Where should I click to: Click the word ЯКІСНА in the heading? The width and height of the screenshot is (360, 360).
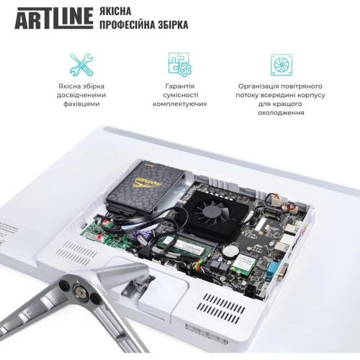click(122, 11)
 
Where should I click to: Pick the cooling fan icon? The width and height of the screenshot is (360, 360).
click(281, 63)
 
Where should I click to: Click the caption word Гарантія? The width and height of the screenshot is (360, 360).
click(180, 86)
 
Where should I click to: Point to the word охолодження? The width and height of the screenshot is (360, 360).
click(281, 113)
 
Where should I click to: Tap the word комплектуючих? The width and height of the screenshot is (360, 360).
click(180, 104)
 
